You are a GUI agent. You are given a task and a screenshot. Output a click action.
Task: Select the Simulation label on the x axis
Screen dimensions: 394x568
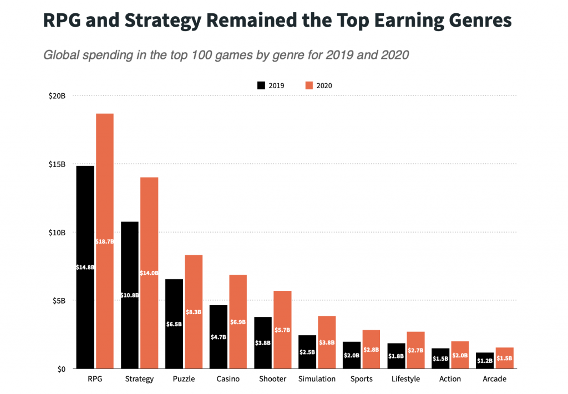click(317, 379)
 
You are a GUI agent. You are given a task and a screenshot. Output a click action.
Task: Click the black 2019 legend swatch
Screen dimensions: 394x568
click(261, 85)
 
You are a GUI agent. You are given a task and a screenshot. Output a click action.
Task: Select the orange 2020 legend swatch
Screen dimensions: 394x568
click(309, 85)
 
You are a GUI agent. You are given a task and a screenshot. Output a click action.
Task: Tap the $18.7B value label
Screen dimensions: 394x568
click(105, 241)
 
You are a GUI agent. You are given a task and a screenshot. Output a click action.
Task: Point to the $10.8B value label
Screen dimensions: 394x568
click(130, 295)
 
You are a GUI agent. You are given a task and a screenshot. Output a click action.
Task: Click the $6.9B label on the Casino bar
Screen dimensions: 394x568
click(238, 322)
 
